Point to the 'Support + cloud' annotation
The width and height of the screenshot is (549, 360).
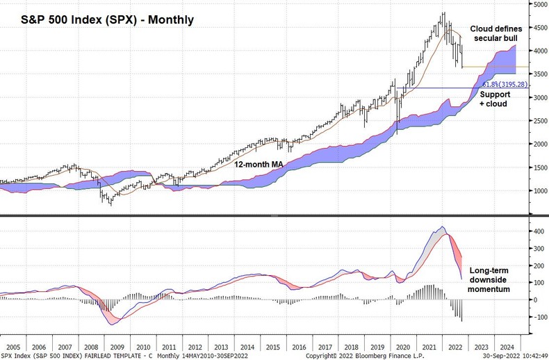[494, 99]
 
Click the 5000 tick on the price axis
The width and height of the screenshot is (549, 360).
[539, 4]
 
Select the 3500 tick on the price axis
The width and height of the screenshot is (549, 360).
[539, 74]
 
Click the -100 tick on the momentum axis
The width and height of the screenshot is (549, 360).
[536, 317]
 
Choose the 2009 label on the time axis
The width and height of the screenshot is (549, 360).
[117, 345]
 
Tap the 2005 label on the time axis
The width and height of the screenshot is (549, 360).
[13, 345]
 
